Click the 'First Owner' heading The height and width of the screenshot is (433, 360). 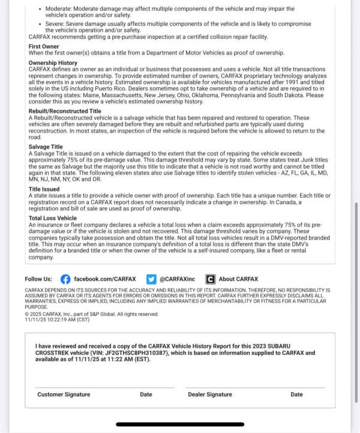(x=44, y=46)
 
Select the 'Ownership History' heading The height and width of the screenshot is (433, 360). (x=53, y=62)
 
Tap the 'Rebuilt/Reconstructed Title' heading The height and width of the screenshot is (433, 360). (x=65, y=111)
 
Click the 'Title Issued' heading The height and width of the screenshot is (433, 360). (x=43, y=188)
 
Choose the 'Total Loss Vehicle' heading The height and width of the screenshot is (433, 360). (x=53, y=218)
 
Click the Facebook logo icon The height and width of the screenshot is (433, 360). (x=65, y=279)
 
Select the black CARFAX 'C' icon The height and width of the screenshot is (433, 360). (x=210, y=279)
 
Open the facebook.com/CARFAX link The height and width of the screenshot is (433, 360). (x=105, y=279)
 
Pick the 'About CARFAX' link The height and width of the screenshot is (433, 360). (x=238, y=279)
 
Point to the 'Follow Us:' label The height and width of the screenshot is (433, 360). (x=38, y=279)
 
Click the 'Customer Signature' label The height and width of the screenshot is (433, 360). (x=64, y=395)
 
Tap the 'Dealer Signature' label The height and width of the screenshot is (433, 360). (x=210, y=395)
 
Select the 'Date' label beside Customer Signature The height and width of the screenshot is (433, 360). (x=146, y=395)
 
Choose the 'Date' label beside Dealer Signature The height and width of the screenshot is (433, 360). (x=296, y=395)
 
